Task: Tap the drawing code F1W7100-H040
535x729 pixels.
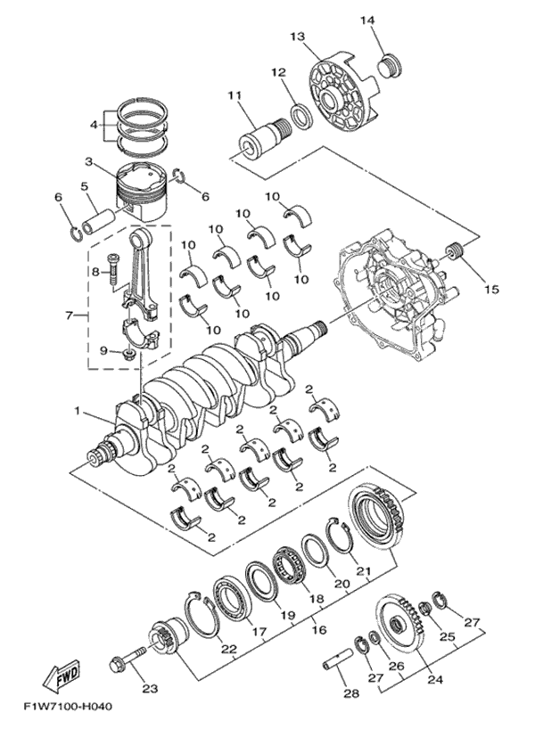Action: (x=68, y=707)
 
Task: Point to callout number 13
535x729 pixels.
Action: (x=299, y=37)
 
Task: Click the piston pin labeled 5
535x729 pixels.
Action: (x=99, y=221)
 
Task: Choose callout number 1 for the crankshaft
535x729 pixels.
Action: (x=77, y=411)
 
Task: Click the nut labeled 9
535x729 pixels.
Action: (x=129, y=356)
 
